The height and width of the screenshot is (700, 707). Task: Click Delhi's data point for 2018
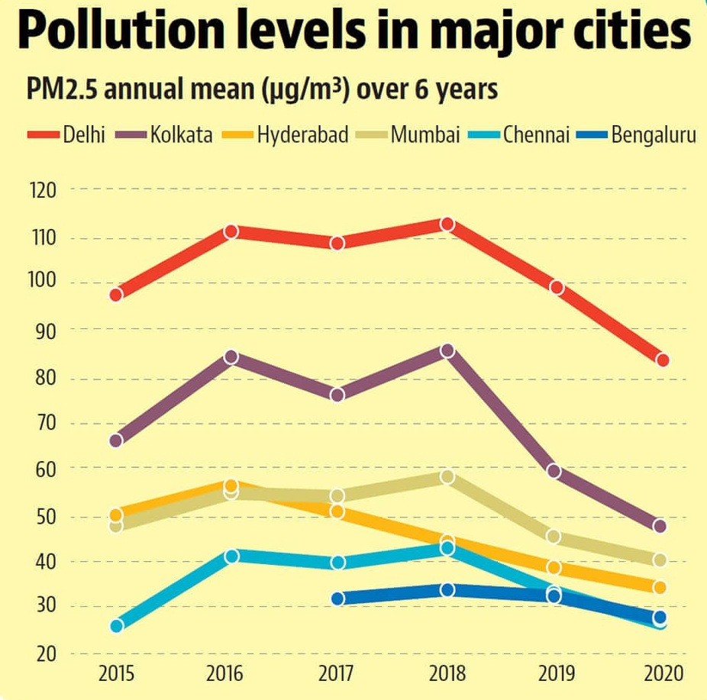click(447, 224)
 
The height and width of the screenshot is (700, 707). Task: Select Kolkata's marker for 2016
click(231, 357)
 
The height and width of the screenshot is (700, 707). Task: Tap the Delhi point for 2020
click(662, 360)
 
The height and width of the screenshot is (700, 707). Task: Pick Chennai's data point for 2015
click(117, 626)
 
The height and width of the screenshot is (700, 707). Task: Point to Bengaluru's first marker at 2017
click(337, 598)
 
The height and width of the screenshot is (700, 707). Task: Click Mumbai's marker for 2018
click(447, 477)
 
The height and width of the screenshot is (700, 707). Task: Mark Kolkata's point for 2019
click(555, 471)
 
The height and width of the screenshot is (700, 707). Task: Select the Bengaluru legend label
click(654, 136)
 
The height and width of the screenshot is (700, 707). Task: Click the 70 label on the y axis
click(45, 424)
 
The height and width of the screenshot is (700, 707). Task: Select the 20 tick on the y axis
click(45, 654)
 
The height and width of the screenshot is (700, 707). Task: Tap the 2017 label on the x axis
click(337, 675)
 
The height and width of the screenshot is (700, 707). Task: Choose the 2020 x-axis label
click(661, 675)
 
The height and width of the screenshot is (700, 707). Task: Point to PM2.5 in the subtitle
click(61, 90)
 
